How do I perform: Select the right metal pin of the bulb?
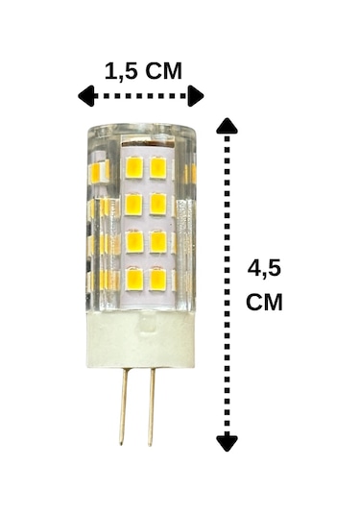pos(150,407)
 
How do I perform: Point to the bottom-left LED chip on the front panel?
pos(134,280)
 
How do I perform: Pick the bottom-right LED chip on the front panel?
pos(157,280)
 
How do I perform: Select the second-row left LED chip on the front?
pos(134,205)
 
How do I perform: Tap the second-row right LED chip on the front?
pos(157,205)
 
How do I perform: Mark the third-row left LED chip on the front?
pos(134,242)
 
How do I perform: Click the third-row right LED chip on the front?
pos(157,242)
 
